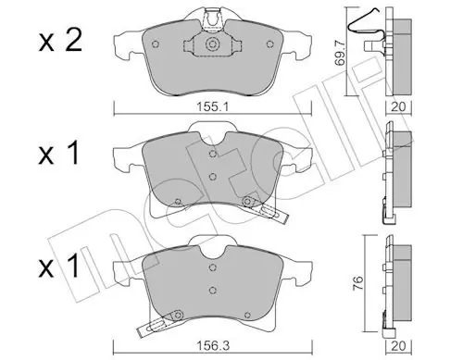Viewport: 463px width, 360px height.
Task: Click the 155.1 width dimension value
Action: pos(212,107)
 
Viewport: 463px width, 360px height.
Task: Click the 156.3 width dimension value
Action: pos(213,345)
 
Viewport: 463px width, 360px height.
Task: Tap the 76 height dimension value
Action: pos(357,283)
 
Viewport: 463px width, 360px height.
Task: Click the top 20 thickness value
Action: pos(398,107)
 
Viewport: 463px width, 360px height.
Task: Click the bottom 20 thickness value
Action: pos(398,346)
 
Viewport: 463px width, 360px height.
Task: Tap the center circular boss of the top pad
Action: pos(212,44)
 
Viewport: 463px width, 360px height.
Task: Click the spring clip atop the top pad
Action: pos(212,19)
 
